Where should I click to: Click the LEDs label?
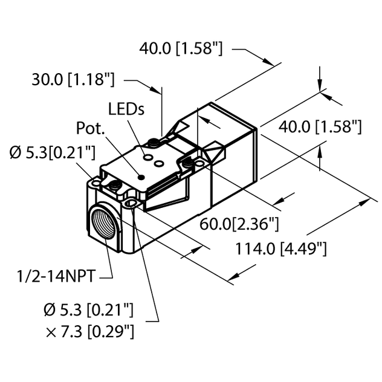click(x=126, y=109)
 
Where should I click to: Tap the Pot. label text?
click(x=89, y=129)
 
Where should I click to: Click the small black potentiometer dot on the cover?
click(x=141, y=177)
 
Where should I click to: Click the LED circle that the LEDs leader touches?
click(x=146, y=157)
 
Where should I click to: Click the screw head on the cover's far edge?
click(x=155, y=142)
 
